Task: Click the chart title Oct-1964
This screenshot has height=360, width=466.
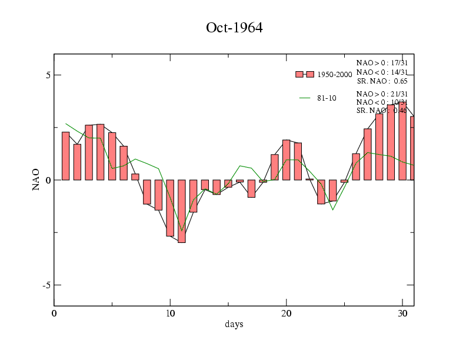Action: coord(234,28)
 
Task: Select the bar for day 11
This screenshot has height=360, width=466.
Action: coord(182,211)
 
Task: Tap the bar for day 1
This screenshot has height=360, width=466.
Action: coord(66,156)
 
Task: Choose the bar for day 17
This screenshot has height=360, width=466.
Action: coord(251,188)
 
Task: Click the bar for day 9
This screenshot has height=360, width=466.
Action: coord(158,195)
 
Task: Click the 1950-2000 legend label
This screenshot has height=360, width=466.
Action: coord(335,75)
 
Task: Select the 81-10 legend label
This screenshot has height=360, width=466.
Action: coord(327,98)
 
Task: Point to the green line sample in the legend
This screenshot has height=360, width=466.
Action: coord(305,98)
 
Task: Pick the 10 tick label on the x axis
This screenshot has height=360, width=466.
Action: coord(170,313)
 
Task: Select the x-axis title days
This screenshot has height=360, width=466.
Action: coord(234,324)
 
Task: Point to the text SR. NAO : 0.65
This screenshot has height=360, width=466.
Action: coord(382,81)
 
